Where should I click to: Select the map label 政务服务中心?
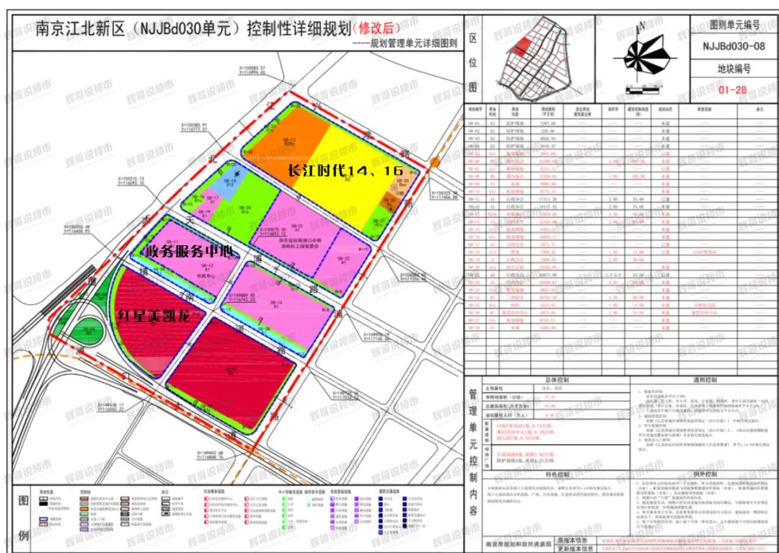190,252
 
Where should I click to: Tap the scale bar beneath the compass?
641,90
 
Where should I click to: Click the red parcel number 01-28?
733,90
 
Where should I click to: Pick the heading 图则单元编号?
734,25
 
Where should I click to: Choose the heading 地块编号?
734,69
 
